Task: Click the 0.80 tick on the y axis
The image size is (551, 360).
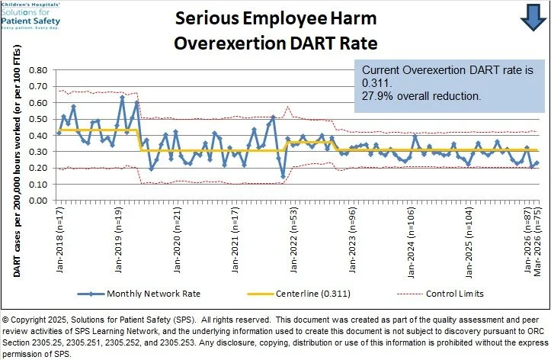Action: (x=38, y=70)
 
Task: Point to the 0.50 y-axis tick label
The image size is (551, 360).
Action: (x=38, y=119)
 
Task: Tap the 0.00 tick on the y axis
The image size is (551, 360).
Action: (x=38, y=201)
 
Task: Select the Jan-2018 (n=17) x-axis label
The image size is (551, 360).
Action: (x=60, y=240)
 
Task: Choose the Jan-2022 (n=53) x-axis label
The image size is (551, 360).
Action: (x=293, y=240)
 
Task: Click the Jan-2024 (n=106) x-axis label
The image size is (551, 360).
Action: (x=411, y=243)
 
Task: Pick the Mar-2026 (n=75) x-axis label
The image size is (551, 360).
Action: (x=537, y=243)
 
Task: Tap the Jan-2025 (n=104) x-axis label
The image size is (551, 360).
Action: (x=469, y=243)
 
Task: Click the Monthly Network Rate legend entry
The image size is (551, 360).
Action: (x=139, y=294)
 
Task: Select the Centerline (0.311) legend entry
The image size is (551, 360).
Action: (x=299, y=294)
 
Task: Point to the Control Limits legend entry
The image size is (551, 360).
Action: (x=440, y=294)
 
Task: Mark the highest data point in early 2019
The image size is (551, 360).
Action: (x=122, y=97)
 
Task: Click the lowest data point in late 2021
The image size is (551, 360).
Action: (x=283, y=176)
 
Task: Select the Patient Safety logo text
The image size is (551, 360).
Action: (x=30, y=21)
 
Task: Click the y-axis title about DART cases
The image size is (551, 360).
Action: (x=17, y=162)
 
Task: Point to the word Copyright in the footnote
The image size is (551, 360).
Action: (x=28, y=320)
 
